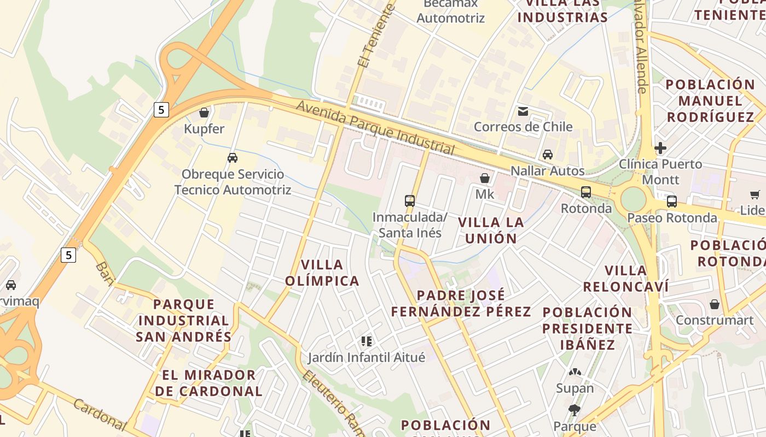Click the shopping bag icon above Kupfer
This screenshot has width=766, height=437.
coord(204,113)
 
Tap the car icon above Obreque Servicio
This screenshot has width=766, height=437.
coord(233,158)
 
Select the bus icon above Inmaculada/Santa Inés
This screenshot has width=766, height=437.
coord(410,201)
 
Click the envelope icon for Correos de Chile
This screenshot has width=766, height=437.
coord(523,111)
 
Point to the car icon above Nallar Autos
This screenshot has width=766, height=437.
coord(548,155)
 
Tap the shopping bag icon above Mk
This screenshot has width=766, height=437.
coord(484,178)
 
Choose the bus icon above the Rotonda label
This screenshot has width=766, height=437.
coord(586,192)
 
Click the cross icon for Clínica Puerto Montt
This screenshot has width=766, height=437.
coord(660,148)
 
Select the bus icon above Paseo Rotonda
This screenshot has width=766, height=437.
coord(672,202)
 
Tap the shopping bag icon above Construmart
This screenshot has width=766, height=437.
coord(715,304)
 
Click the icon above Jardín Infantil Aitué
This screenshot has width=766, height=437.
coord(367,341)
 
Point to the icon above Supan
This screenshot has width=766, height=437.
coord(574,372)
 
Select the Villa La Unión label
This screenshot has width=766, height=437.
coord(491,230)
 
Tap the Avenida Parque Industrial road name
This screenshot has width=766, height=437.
coord(375,126)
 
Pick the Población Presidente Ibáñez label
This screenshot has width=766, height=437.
coord(588,328)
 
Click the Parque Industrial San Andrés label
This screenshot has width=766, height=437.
coord(184,320)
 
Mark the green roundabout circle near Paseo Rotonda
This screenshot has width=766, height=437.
coord(634,200)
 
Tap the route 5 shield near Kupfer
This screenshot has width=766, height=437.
coord(161,110)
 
